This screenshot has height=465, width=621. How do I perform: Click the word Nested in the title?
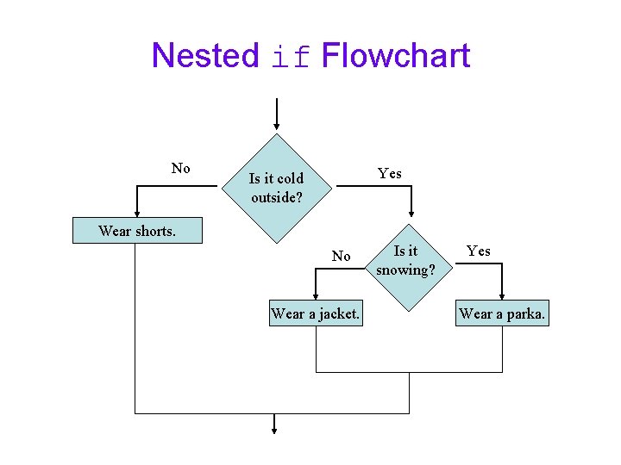[204, 56]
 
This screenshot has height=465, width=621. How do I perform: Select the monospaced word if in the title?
[290, 58]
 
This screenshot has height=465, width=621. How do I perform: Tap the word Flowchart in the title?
[395, 56]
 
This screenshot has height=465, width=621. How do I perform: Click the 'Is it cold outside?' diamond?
[276, 189]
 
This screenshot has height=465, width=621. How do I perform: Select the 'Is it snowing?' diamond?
[405, 261]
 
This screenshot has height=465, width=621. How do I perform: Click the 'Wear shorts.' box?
[137, 231]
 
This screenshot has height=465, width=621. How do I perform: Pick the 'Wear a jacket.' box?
[316, 313]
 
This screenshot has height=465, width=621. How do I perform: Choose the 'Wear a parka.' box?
[502, 313]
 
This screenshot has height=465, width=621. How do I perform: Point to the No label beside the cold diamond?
[181, 169]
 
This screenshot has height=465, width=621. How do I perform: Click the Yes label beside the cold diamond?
[390, 173]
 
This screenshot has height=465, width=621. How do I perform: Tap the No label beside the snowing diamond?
[342, 256]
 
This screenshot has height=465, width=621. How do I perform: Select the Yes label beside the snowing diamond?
[479, 251]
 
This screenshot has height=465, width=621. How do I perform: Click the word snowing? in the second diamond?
[405, 270]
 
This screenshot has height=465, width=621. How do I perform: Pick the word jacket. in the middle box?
[340, 313]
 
